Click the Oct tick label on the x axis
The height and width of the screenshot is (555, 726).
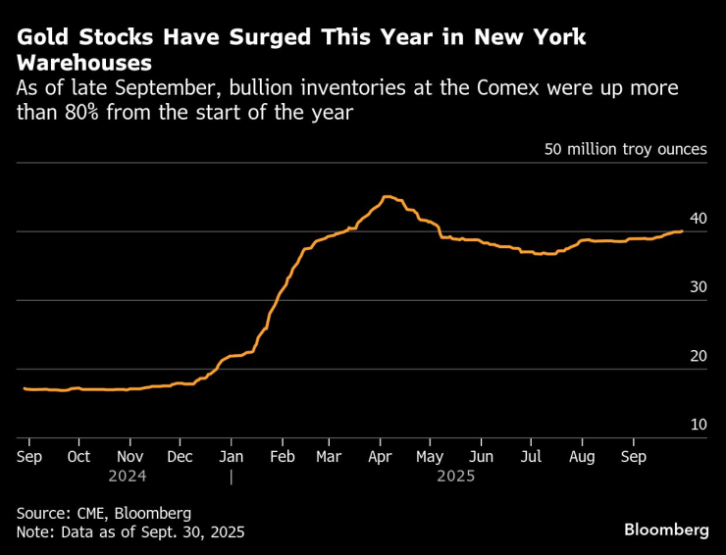[x=78, y=457]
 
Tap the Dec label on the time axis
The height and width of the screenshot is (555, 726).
[x=181, y=457]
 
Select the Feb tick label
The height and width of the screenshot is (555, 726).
[x=282, y=457]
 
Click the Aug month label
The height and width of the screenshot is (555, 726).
[x=583, y=457]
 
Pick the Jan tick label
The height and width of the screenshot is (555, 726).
[x=231, y=457]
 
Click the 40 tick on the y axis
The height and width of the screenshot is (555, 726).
[x=698, y=219]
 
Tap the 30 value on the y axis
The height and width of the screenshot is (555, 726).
[x=698, y=287]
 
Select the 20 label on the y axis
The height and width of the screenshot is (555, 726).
[x=698, y=356]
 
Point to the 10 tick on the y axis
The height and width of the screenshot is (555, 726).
[x=698, y=425]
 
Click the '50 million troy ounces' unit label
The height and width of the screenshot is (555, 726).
[x=626, y=150]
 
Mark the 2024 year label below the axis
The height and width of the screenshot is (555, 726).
[x=130, y=476]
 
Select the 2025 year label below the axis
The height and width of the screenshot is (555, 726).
[x=456, y=476]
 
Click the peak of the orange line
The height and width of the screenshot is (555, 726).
[x=386, y=196]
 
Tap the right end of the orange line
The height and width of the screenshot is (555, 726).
[x=682, y=231]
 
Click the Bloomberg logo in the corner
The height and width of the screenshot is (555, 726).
[x=666, y=530]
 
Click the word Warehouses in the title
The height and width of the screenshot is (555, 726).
[x=84, y=63]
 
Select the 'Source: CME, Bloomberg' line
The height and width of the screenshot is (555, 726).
[x=103, y=513]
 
